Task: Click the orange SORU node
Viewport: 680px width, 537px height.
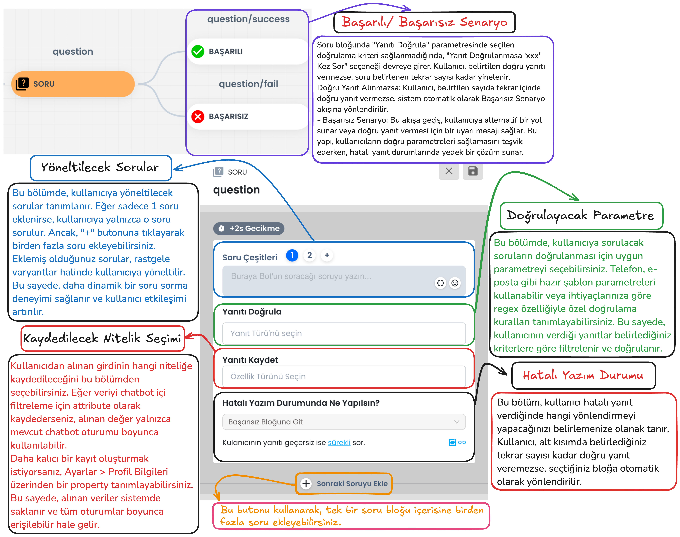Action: (x=73, y=84)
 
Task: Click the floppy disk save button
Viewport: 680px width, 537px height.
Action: (x=473, y=171)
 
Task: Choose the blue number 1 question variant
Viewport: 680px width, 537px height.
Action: (x=292, y=255)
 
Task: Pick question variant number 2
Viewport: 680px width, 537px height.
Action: (x=309, y=255)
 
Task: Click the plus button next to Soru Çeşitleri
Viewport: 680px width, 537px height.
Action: (x=327, y=255)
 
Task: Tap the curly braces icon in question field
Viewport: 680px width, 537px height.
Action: (x=441, y=283)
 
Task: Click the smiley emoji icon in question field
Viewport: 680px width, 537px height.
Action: (x=455, y=283)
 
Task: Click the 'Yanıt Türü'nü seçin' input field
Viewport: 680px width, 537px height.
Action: (x=344, y=333)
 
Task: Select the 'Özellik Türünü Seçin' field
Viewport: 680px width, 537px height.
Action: (x=344, y=376)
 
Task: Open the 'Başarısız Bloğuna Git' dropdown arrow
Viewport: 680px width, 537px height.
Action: (x=457, y=422)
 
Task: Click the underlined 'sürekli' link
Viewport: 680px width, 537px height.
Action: (x=339, y=443)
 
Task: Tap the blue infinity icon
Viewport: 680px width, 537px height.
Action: (x=462, y=442)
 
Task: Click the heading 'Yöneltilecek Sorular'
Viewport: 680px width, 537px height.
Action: (x=100, y=168)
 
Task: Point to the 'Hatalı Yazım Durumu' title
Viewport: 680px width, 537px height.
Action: (x=583, y=375)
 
